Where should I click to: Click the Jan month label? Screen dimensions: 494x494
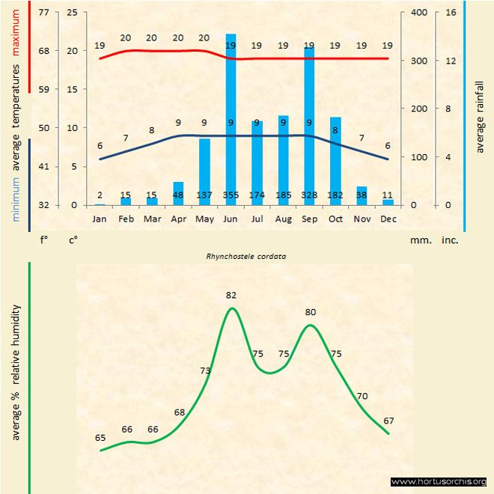tap(100, 219)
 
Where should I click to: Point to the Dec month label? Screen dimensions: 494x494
tap(388, 219)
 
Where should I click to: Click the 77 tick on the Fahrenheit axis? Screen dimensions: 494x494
tap(43, 13)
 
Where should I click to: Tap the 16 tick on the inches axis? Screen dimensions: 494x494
tap(451, 13)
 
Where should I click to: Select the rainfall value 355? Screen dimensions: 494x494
tap(231, 195)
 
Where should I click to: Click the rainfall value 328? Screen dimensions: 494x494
tap(309, 195)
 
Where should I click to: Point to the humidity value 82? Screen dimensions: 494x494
tap(231, 296)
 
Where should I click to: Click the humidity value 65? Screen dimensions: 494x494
tap(100, 437)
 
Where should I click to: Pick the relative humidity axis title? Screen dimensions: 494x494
tap(16, 371)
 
